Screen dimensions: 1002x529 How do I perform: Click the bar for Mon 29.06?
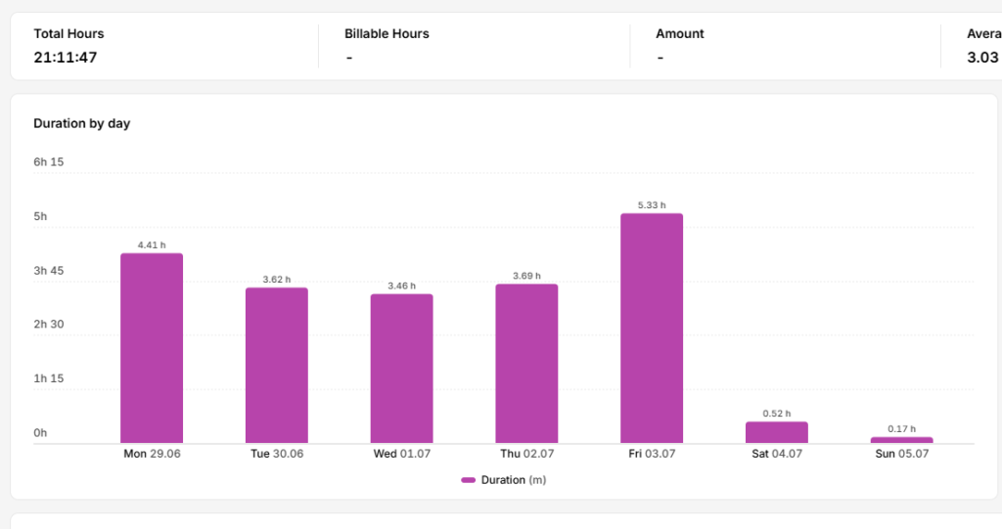pos(152,348)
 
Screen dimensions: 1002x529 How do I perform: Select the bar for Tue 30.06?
pos(277,366)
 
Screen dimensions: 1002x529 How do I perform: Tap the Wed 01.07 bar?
pos(401,369)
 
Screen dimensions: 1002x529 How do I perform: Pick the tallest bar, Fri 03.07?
pos(652,329)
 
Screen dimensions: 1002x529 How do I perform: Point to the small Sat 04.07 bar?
pos(776,432)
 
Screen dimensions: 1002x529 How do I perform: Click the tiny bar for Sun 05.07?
pos(901,440)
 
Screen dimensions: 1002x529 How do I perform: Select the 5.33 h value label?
pos(652,205)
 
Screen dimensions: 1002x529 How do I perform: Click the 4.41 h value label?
pos(152,244)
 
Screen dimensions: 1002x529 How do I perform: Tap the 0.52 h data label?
pos(776,414)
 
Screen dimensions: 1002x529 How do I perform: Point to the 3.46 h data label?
pos(401,286)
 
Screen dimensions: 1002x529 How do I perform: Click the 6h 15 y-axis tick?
pos(49,162)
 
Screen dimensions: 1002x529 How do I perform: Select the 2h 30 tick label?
pos(49,325)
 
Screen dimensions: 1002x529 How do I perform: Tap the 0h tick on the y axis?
pos(40,433)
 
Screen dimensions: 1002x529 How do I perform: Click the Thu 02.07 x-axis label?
pos(526,454)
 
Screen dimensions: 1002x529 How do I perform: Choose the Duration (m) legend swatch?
pos(469,480)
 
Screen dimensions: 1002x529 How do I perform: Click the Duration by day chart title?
pos(82,123)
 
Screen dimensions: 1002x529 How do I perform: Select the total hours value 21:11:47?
pos(66,58)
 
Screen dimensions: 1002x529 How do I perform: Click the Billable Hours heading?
pos(387,34)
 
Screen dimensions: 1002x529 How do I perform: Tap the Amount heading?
pos(679,34)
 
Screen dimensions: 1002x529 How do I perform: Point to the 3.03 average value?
pos(982,58)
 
